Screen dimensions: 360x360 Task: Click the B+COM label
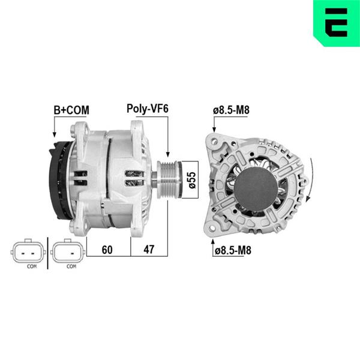point(71,110)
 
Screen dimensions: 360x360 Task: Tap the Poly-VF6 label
point(148,109)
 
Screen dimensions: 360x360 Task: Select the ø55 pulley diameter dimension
point(192,180)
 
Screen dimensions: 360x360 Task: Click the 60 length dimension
point(107,250)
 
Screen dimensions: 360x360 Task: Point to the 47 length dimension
point(149,250)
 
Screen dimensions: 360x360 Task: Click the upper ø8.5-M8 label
point(231,110)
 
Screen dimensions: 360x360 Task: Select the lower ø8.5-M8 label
point(233,250)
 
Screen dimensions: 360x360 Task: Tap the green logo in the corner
point(337,23)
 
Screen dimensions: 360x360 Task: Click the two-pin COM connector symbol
point(28,252)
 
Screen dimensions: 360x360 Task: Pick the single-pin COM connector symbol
point(68,252)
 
